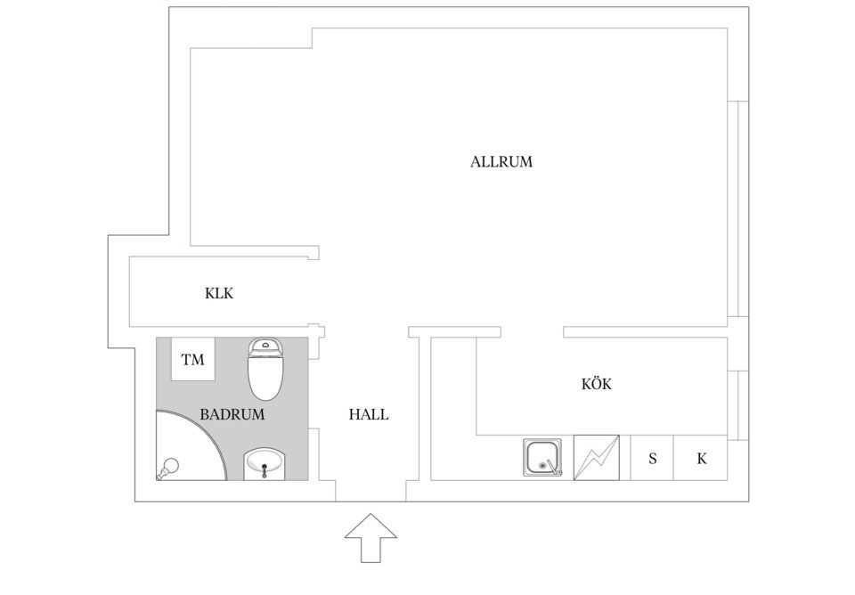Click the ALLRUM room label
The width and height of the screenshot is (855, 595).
[501, 162]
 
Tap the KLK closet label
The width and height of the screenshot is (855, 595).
[219, 293]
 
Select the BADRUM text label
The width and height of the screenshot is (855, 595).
[232, 414]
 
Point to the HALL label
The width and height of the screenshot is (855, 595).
[369, 414]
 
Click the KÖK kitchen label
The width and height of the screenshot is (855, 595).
[597, 384]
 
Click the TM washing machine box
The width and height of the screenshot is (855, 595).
[193, 359]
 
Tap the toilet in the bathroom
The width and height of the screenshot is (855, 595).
[265, 369]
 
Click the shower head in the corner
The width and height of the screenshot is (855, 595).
[168, 468]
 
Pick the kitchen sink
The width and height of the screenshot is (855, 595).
[542, 458]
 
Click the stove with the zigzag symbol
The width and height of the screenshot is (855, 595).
[597, 458]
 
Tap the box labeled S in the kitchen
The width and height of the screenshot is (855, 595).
[652, 458]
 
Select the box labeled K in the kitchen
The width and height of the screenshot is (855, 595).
[701, 458]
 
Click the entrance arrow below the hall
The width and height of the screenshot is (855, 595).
[370, 538]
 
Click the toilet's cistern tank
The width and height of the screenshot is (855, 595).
[265, 346]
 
